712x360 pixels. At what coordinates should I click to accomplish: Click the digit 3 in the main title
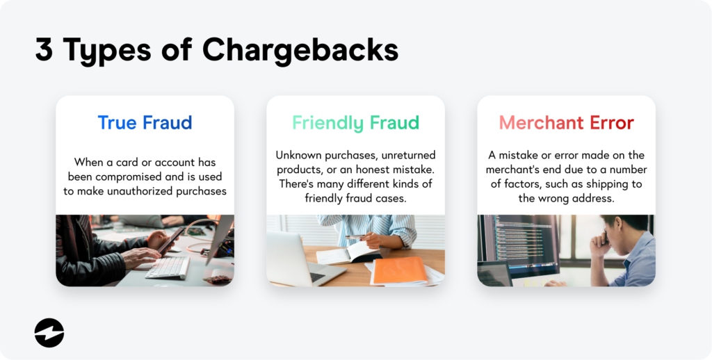pos(44,50)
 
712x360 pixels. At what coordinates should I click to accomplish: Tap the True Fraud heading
pos(145,123)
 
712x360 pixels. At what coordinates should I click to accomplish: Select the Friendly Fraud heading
pos(355,123)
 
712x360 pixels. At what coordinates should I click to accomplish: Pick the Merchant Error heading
pos(566,123)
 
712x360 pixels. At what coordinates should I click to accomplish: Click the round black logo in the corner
pos(49,333)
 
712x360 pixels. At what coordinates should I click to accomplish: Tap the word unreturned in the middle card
pos(402,155)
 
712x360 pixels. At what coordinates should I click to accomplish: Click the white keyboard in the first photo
pos(166,267)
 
